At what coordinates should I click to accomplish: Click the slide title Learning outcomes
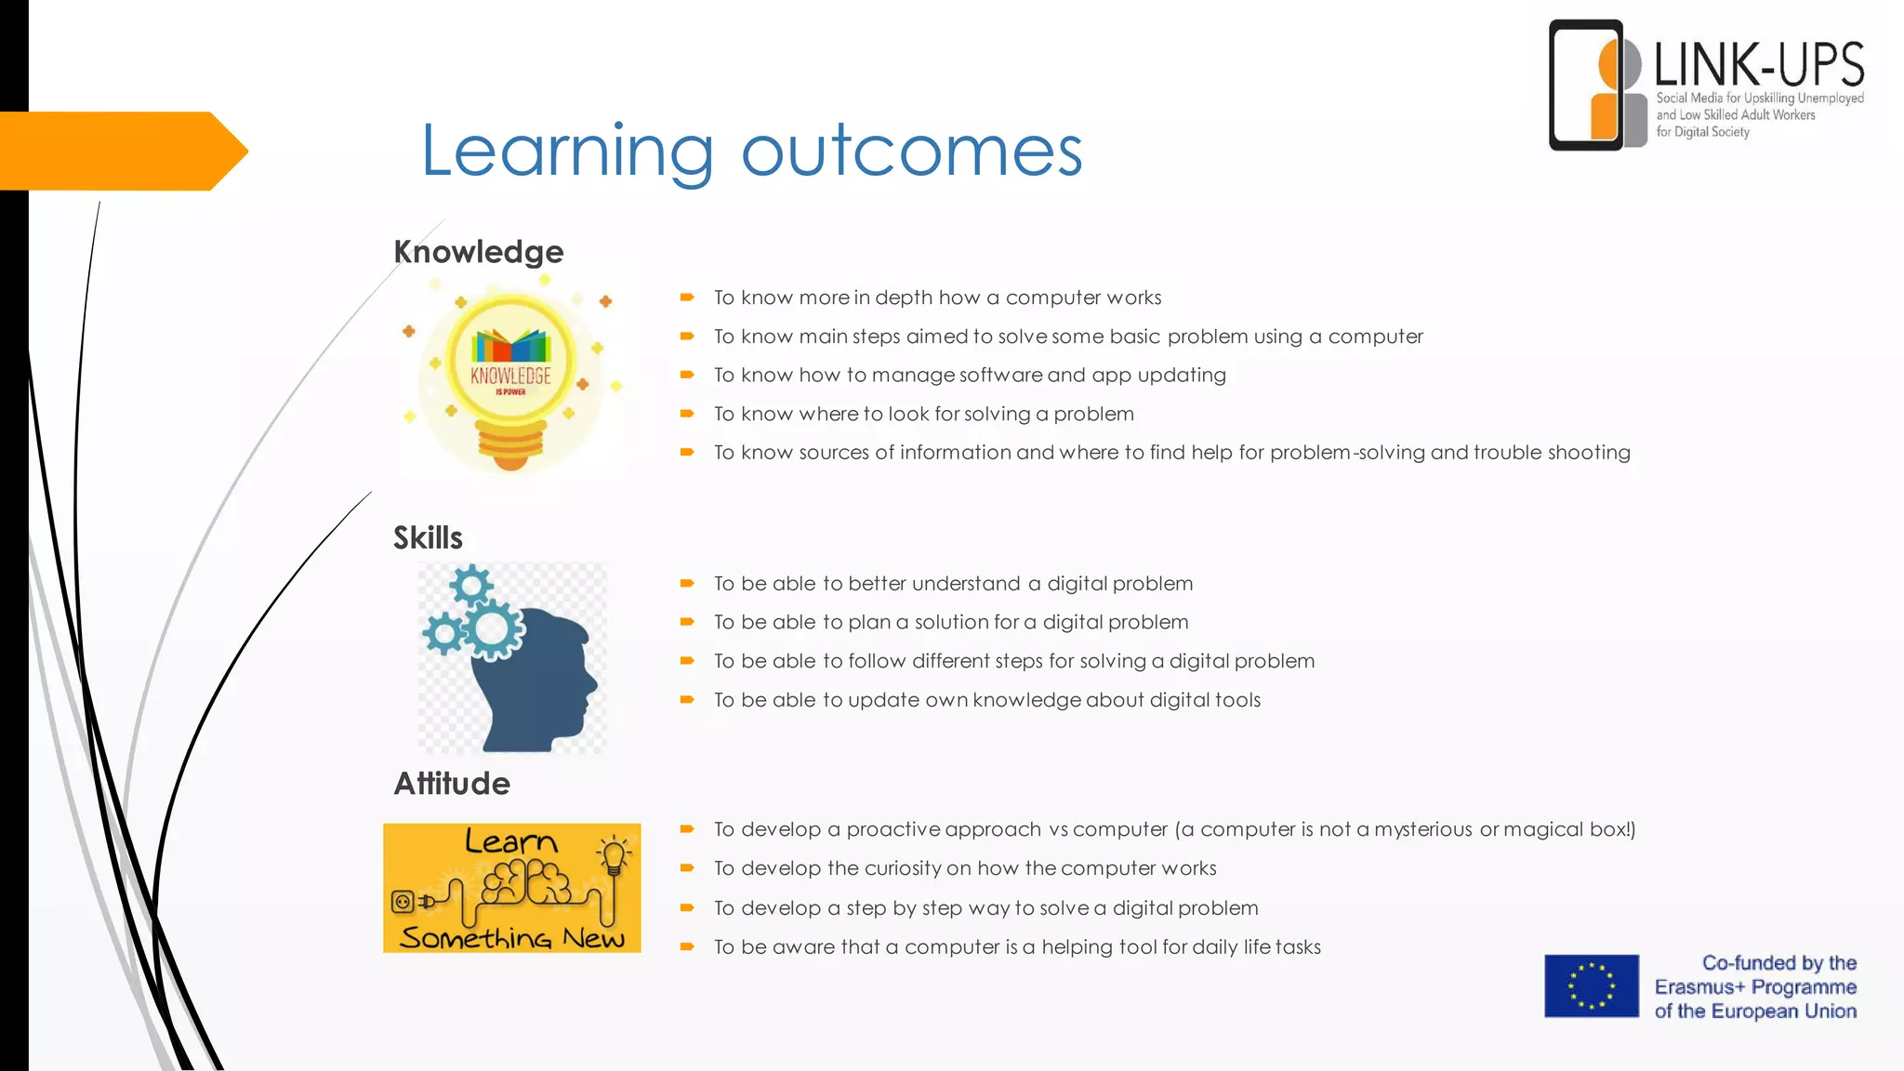click(751, 151)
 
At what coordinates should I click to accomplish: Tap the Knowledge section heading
click(478, 252)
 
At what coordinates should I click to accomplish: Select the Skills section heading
click(428, 537)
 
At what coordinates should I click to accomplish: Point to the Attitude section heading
click(452, 783)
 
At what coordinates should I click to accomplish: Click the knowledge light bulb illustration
click(510, 377)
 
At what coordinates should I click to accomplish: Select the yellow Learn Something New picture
click(511, 888)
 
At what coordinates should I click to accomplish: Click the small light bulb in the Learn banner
click(614, 855)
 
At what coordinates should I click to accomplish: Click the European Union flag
click(1592, 986)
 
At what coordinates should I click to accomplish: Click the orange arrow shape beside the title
click(121, 151)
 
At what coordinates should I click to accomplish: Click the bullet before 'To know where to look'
click(687, 414)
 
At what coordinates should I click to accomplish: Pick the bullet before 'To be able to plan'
click(687, 622)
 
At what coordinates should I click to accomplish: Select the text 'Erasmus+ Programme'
click(1755, 987)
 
